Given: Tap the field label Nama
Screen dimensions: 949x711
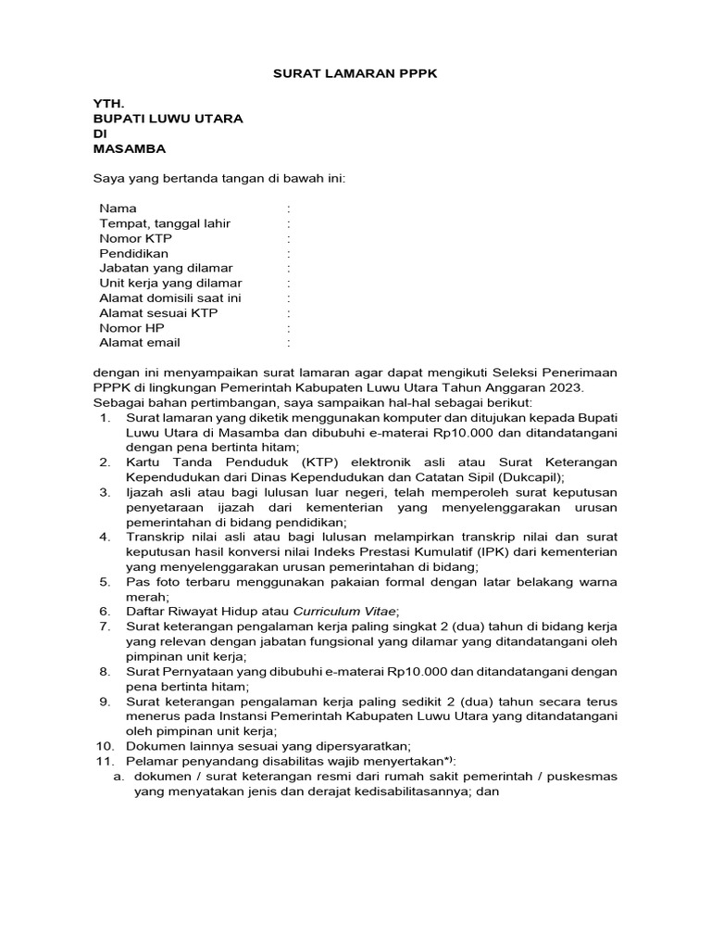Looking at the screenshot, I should click(x=118, y=209).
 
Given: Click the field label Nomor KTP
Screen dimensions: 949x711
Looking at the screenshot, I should click(x=135, y=238).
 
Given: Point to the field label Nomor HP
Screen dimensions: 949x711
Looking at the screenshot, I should click(x=132, y=327).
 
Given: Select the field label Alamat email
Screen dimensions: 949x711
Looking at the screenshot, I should click(x=139, y=342).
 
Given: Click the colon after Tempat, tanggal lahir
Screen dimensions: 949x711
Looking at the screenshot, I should click(x=289, y=223).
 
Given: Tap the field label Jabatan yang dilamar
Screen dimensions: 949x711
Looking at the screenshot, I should click(x=166, y=268).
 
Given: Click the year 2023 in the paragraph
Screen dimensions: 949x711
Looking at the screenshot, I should click(x=568, y=387).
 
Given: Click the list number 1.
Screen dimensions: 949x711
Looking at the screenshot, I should click(x=105, y=417).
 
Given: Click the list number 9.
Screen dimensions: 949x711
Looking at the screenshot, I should click(x=105, y=702).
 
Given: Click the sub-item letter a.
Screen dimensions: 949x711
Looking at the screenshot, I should click(x=118, y=777).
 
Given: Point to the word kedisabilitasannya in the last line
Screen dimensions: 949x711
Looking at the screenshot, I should click(x=405, y=791).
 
